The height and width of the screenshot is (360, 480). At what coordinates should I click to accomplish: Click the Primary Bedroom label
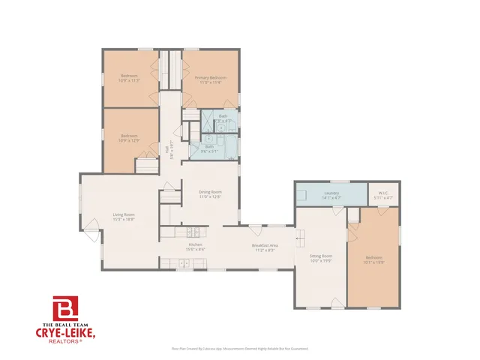(x=211, y=77)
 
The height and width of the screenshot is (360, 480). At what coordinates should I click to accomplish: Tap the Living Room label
(x=123, y=214)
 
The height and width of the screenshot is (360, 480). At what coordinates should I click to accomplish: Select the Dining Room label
(x=211, y=192)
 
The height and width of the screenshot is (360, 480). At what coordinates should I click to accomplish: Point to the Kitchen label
(x=196, y=244)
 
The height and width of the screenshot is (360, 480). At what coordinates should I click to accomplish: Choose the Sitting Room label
(x=321, y=256)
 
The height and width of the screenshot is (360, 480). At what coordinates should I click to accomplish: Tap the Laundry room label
(x=331, y=193)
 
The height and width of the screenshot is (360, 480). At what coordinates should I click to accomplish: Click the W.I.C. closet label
(x=382, y=193)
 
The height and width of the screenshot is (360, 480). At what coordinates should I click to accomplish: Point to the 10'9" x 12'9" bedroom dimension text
(x=130, y=139)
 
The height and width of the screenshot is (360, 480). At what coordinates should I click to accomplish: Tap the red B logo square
(x=64, y=307)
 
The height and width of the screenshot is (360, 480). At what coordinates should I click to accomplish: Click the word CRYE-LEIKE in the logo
(x=65, y=331)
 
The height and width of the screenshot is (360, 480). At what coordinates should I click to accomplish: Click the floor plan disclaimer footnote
(x=239, y=349)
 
